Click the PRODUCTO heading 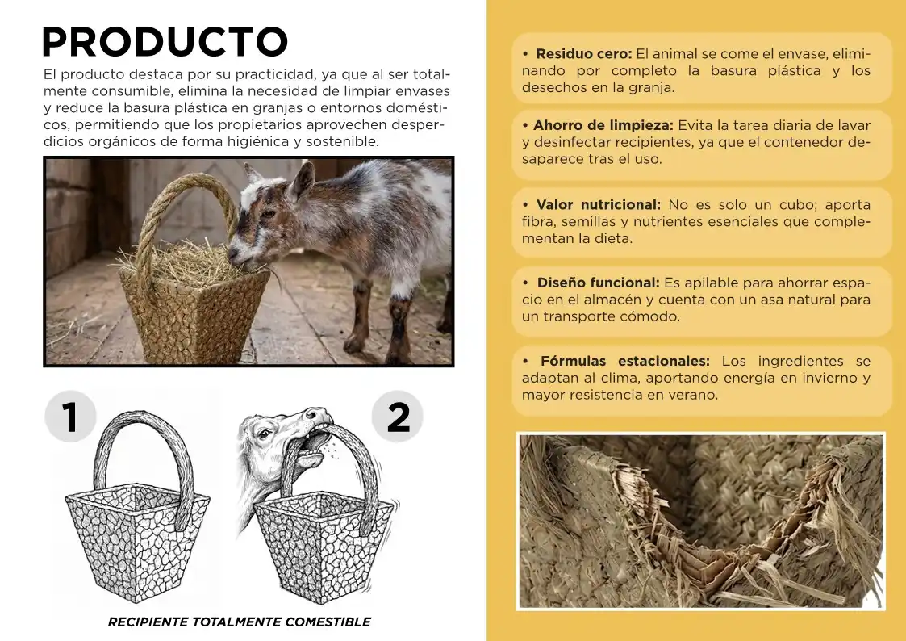click(165, 42)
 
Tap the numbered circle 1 click(70, 417)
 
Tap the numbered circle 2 click(398, 417)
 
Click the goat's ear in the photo click(302, 180)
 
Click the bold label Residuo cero click(583, 54)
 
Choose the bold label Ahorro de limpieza click(603, 126)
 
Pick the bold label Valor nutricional click(598, 205)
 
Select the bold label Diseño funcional click(599, 283)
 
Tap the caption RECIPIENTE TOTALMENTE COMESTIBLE click(239, 622)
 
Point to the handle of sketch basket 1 click(145, 436)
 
